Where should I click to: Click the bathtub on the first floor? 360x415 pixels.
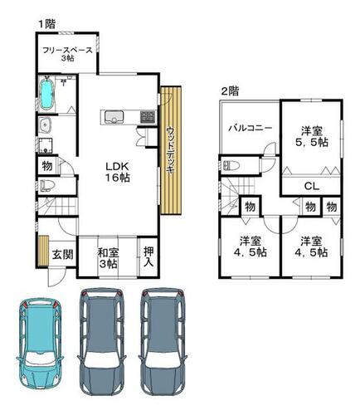46,95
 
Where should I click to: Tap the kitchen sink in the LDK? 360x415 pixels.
114,116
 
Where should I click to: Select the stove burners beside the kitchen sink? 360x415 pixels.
147,116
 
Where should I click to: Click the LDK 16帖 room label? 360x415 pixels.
117,172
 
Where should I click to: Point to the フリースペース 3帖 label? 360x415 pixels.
67,54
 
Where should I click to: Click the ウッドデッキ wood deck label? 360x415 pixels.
171,150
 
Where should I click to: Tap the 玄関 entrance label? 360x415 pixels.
63,254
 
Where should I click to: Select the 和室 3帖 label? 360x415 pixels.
108,258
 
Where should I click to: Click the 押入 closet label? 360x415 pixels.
148,256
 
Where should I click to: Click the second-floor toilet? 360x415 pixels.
231,165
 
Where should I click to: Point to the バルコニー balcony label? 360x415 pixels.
251,129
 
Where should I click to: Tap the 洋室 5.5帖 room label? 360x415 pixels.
311,136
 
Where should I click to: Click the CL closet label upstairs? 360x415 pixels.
312,186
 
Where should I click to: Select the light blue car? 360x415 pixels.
40,343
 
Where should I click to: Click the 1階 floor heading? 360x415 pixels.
46,24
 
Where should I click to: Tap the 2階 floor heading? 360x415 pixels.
230,91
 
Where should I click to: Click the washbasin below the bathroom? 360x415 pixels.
44,125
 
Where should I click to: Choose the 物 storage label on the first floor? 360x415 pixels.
47,166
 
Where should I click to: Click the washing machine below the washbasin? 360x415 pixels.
45,145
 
